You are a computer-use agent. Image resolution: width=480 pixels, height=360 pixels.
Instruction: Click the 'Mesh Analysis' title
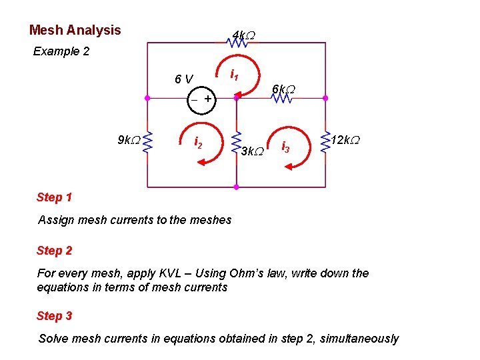tap(75, 30)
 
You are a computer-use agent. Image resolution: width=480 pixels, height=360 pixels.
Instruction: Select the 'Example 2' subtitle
tap(61, 51)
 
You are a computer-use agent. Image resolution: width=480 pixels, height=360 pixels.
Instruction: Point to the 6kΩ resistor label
tap(283, 89)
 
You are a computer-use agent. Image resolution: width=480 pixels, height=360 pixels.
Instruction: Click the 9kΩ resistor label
tap(129, 140)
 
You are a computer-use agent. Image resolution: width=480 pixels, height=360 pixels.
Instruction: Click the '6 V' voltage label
tap(184, 79)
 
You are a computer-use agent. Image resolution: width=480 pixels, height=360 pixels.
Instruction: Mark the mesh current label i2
tap(198, 142)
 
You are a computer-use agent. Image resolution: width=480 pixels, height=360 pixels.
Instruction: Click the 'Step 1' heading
tap(55, 197)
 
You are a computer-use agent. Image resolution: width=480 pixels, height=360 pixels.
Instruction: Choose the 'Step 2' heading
tap(55, 251)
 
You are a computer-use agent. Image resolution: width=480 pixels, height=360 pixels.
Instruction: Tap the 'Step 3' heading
tap(55, 316)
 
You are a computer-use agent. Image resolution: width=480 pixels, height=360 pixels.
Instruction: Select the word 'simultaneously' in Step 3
tap(359, 339)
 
